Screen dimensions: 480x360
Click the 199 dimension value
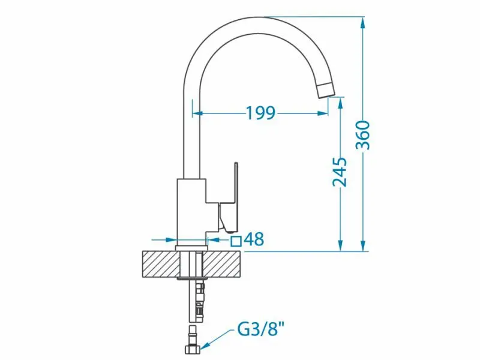[x=260, y=113]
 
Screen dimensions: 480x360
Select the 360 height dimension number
[x=363, y=135]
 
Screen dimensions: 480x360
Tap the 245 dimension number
[x=340, y=172]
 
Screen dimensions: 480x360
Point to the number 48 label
[x=254, y=239]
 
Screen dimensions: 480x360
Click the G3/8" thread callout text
[x=261, y=329]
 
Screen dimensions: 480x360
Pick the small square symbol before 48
[x=236, y=241]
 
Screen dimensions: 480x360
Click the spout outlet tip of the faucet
[x=326, y=91]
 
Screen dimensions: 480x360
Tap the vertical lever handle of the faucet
[x=236, y=183]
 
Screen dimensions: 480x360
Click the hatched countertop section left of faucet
[x=160, y=264]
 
